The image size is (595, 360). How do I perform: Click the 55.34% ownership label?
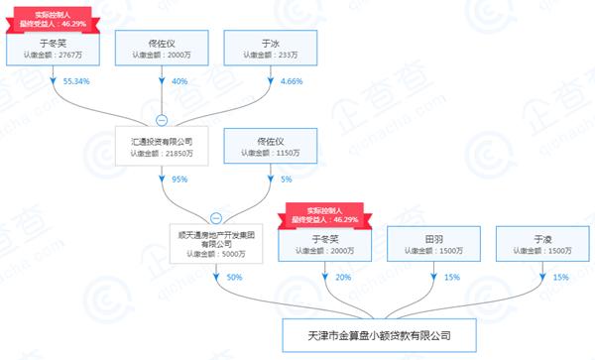(x=76, y=79)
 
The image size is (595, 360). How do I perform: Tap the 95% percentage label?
(x=178, y=180)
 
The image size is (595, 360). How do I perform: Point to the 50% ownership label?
(x=234, y=278)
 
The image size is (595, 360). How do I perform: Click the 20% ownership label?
(x=343, y=278)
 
